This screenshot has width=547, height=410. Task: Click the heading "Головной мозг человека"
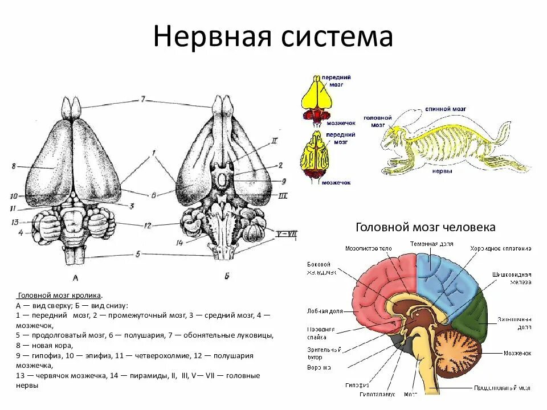click(425, 227)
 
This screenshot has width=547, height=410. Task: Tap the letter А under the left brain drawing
click(76, 278)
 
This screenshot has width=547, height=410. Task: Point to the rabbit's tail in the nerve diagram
click(504, 132)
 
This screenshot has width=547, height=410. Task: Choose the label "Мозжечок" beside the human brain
click(517, 353)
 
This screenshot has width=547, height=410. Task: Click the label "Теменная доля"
click(432, 244)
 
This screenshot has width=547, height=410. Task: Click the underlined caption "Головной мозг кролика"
click(60, 296)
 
